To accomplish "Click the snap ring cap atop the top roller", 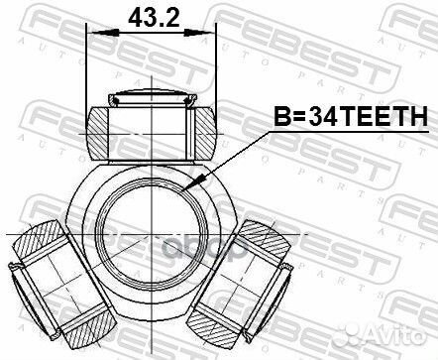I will tap(152, 97).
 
